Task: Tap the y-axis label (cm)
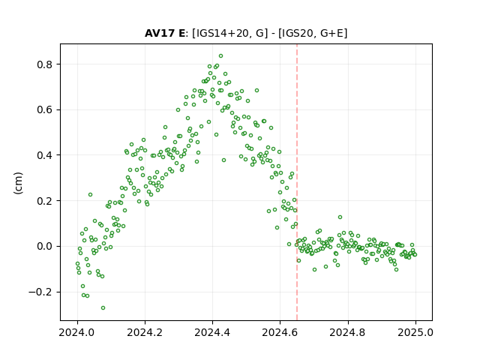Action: pos(18,183)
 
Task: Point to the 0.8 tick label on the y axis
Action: pos(45,64)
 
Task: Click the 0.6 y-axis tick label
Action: pos(45,110)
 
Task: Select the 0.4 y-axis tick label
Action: pos(45,155)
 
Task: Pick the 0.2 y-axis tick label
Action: pos(45,201)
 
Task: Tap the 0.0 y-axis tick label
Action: pos(45,246)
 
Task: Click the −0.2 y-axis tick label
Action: pos(40,292)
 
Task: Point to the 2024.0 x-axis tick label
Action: pos(77,332)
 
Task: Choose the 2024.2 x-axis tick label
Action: pos(145,332)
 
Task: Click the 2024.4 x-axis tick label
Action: pos(212,332)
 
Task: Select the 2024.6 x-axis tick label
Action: pos(280,332)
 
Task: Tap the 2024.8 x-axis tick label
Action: pos(348,332)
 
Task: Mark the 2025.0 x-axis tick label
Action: pos(415,332)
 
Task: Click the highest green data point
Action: pos(220,56)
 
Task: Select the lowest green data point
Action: pos(103,308)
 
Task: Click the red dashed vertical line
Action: pos(297,182)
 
